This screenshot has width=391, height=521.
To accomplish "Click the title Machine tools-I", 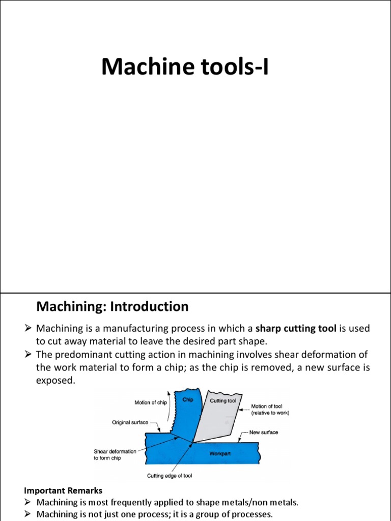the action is pyautogui.click(x=185, y=67).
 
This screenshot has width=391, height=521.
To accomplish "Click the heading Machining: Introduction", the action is pyautogui.click(x=113, y=307).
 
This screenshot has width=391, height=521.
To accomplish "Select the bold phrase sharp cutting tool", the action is pyautogui.click(x=295, y=329).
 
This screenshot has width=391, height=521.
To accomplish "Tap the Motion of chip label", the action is pyautogui.click(x=151, y=403).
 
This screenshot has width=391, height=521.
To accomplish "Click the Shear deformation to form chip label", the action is pyautogui.click(x=116, y=454).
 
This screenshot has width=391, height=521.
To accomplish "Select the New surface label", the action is pyautogui.click(x=264, y=432).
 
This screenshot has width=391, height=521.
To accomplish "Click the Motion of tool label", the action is pyautogui.click(x=270, y=410).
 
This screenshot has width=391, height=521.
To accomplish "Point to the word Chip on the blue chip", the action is pyautogui.click(x=187, y=400).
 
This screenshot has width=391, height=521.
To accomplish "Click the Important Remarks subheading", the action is pyautogui.click(x=63, y=491).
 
